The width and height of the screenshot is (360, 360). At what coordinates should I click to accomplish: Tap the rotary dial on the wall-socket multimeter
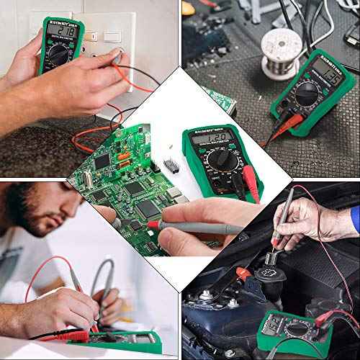click(x=58, y=54)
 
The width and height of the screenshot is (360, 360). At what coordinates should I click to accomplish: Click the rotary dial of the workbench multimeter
click(x=308, y=93)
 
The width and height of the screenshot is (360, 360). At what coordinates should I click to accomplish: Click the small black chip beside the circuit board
click(x=174, y=165)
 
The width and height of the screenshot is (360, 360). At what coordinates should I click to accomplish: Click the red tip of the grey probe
click(x=153, y=225)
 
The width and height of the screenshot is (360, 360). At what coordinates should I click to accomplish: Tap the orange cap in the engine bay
click(x=244, y=274)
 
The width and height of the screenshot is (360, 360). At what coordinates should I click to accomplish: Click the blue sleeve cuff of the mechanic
click(x=354, y=220)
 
